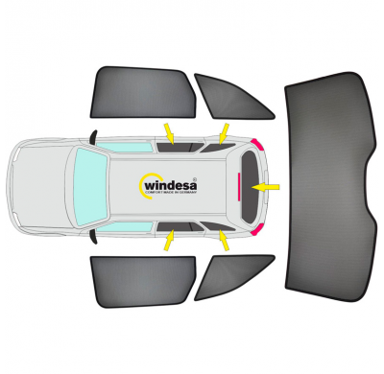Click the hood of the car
[38, 182]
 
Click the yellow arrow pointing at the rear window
[269, 183]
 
